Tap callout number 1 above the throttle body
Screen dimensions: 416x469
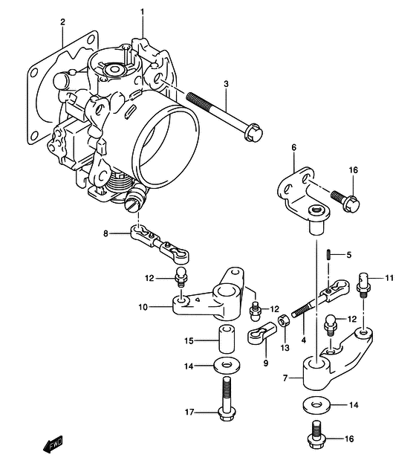[x=142, y=12]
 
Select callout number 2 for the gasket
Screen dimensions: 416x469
[x=62, y=22]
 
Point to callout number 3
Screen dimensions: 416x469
[x=227, y=84]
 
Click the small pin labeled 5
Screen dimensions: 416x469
[x=328, y=256]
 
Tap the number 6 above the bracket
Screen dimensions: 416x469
[x=293, y=147]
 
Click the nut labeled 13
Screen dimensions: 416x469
[x=283, y=321]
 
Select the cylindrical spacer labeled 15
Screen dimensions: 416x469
[x=226, y=340]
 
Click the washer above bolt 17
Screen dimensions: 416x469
[x=227, y=365]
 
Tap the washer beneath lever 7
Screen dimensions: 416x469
[x=316, y=405]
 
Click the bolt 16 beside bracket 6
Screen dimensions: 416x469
[x=345, y=199]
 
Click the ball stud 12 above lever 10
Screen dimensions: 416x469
[x=182, y=276]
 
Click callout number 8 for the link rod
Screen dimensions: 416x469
[x=105, y=233]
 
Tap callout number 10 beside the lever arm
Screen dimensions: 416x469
[x=143, y=307]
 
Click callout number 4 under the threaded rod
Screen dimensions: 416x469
[x=304, y=340]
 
